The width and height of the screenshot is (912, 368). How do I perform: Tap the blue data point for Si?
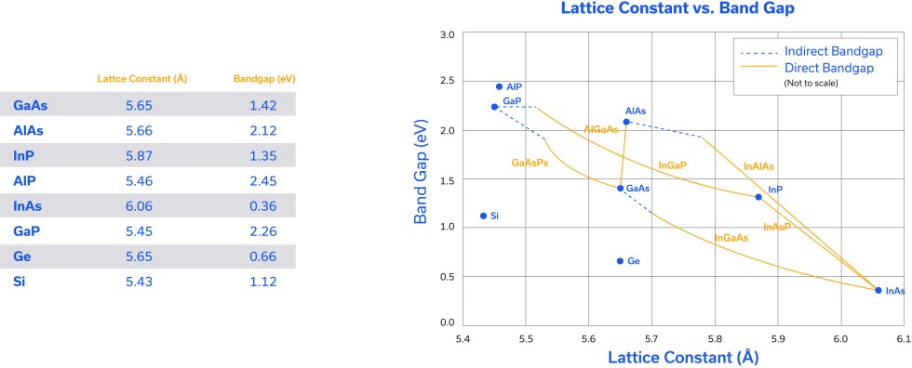pos(483,216)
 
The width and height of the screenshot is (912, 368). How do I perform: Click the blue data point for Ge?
pos(620,261)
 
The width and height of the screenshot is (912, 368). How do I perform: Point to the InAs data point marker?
pos(878,290)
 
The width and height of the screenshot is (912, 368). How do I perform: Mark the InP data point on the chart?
pos(758,197)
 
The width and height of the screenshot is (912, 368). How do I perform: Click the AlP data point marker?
pos(499,86)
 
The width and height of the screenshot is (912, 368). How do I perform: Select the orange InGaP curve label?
pos(672,165)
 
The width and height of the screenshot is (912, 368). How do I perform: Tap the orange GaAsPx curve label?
pos(530,162)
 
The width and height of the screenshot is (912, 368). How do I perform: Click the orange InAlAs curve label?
pos(758,166)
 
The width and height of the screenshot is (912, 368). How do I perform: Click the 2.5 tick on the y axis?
pos(446,81)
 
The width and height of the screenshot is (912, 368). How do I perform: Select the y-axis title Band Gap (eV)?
pos(421,177)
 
